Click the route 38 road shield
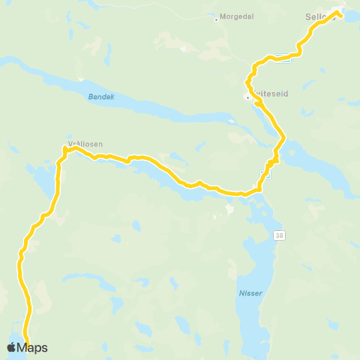[280, 235]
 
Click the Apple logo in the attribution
[11, 347]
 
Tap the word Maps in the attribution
[33, 347]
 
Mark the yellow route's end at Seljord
[339, 13]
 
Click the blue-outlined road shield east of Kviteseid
[282, 55]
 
